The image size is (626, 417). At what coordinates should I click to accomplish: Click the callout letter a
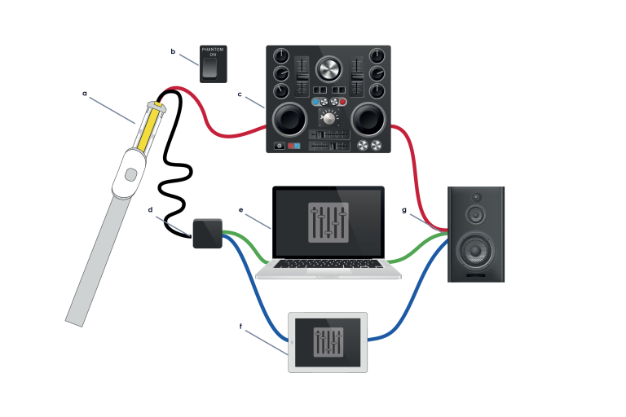coord(84,93)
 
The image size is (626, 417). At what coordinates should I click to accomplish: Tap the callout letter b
coord(173,51)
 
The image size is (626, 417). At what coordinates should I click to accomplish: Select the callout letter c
coord(240,94)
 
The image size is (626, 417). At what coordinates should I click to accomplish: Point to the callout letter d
coord(150,209)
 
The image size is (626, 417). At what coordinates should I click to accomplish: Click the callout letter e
coord(241,209)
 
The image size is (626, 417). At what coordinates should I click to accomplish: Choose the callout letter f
coord(240,327)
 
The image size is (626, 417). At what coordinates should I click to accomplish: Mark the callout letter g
coord(404,209)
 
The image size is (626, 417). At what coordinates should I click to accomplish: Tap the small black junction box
coord(207,233)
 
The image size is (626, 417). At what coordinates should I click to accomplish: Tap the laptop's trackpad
coord(328,271)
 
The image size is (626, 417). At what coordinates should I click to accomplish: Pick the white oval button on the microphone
coord(130,173)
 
